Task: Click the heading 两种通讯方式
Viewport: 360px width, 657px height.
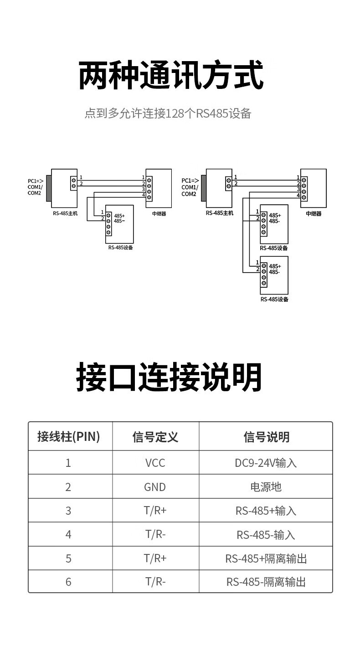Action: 171,76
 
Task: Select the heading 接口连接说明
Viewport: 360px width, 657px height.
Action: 169,378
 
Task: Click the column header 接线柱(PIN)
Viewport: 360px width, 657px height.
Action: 68,437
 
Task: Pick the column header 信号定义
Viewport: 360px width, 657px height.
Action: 155,437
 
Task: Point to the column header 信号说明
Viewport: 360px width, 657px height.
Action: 266,437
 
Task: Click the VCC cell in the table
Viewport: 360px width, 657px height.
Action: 155,463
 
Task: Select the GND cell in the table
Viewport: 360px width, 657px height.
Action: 155,487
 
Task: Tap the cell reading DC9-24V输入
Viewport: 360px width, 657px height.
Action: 266,463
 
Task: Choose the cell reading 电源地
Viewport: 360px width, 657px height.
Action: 266,487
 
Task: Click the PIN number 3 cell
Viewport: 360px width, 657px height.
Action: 68,511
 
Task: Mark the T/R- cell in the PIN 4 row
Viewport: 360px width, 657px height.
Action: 155,534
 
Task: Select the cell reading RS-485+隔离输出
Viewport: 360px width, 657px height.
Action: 266,559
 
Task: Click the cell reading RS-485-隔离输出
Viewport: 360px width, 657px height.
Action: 266,582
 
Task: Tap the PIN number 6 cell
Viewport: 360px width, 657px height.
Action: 68,582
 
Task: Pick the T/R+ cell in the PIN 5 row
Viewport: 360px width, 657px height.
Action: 155,559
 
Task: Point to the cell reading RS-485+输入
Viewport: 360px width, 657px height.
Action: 266,511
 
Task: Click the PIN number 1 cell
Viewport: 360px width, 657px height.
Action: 68,463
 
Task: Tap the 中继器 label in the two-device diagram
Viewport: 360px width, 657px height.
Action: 314,213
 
